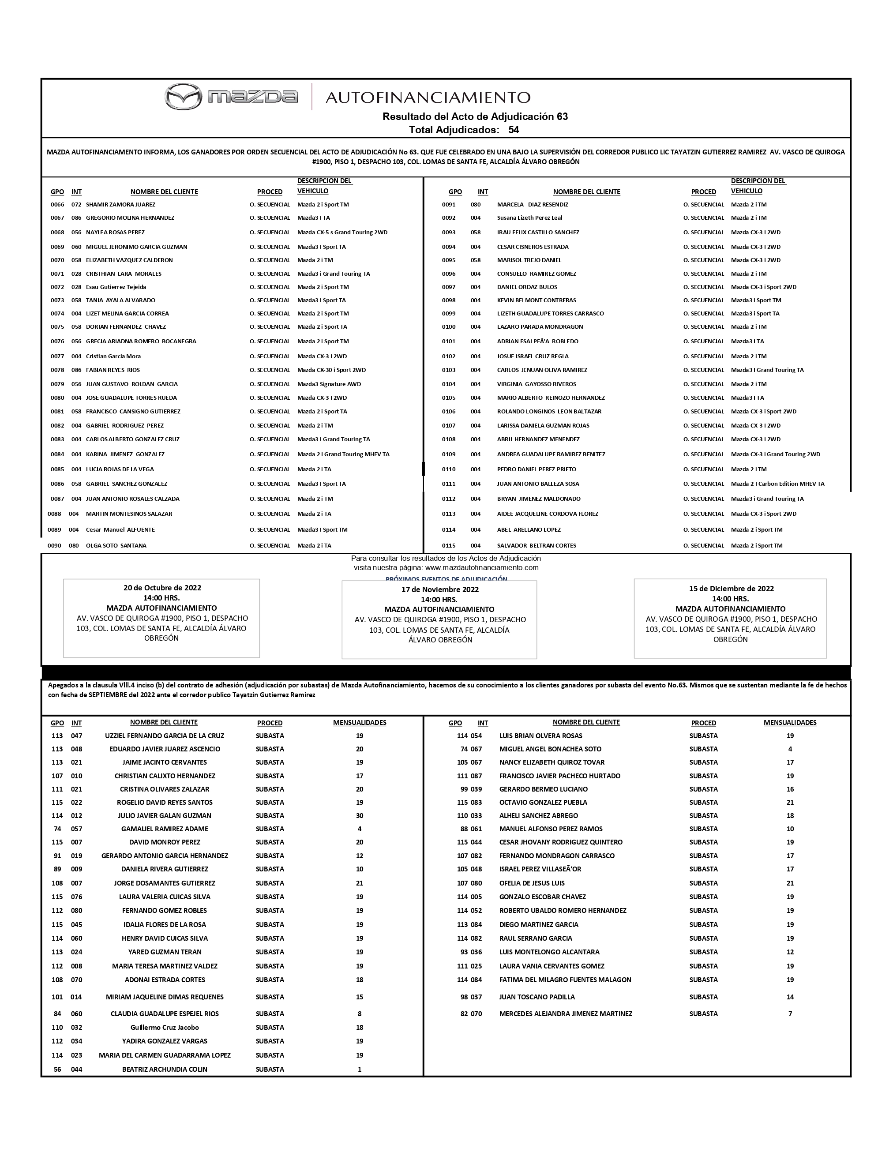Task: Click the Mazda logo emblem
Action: pos(183,97)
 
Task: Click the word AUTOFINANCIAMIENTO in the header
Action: pos(428,98)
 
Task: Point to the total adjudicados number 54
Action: pos(514,130)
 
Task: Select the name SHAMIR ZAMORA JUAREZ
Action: pos(121,204)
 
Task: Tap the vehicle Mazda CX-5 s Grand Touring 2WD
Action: pos(342,233)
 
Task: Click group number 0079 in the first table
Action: pos(57,384)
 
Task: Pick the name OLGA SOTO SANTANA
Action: pos(116,546)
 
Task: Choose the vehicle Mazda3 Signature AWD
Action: pos(329,384)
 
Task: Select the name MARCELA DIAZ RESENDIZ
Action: pos(533,204)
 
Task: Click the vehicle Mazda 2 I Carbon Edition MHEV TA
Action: pos(777,484)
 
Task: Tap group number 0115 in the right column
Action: pos(448,546)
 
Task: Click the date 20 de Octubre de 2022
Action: pos(162,588)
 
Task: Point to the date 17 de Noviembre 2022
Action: pos(440,589)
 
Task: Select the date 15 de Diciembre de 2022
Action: pos(731,589)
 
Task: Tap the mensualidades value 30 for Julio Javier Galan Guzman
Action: pos(360,816)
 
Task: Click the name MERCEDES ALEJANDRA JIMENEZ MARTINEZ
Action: pos(565,1013)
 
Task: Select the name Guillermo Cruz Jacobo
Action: pos(165,1027)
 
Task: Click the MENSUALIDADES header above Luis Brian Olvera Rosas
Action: pos(790,723)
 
